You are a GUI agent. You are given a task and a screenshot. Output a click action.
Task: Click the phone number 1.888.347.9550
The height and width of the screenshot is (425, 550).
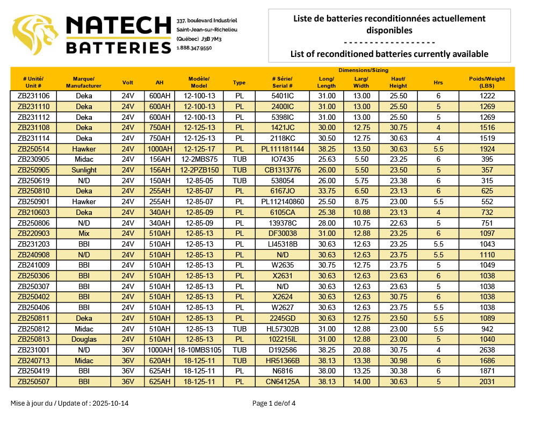point(194,48)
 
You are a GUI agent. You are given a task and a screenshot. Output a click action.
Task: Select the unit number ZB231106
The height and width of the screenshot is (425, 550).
point(34,96)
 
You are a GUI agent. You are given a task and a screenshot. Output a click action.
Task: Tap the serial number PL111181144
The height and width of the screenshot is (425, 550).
point(282,149)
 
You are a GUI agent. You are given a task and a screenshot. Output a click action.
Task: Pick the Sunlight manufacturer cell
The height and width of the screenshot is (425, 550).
point(84,170)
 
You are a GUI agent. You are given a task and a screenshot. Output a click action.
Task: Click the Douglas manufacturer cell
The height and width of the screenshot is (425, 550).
point(84,340)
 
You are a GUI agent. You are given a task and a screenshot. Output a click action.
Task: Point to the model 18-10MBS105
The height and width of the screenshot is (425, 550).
point(199,350)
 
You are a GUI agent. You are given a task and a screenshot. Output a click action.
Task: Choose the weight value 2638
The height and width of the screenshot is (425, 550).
point(487,350)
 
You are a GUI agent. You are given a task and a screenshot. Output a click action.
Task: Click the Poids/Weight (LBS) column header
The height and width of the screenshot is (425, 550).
point(487,82)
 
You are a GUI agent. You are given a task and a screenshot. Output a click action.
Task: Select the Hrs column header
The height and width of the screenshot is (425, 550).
point(438,82)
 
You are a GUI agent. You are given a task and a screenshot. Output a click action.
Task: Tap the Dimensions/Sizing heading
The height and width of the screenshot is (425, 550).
point(363,70)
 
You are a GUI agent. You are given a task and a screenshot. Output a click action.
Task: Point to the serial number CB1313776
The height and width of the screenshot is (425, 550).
point(282,170)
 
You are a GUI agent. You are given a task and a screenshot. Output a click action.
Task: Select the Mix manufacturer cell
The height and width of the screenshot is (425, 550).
point(84,233)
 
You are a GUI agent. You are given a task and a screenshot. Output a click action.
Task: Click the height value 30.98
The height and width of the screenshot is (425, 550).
point(398,361)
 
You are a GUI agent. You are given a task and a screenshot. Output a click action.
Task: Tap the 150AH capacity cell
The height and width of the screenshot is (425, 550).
point(160,181)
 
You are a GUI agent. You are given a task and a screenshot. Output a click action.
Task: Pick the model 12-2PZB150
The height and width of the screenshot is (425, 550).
point(199,170)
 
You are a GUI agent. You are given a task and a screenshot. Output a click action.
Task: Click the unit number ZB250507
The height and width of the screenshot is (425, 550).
point(34,382)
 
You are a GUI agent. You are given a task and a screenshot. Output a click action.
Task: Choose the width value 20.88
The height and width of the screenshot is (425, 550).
point(361,350)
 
